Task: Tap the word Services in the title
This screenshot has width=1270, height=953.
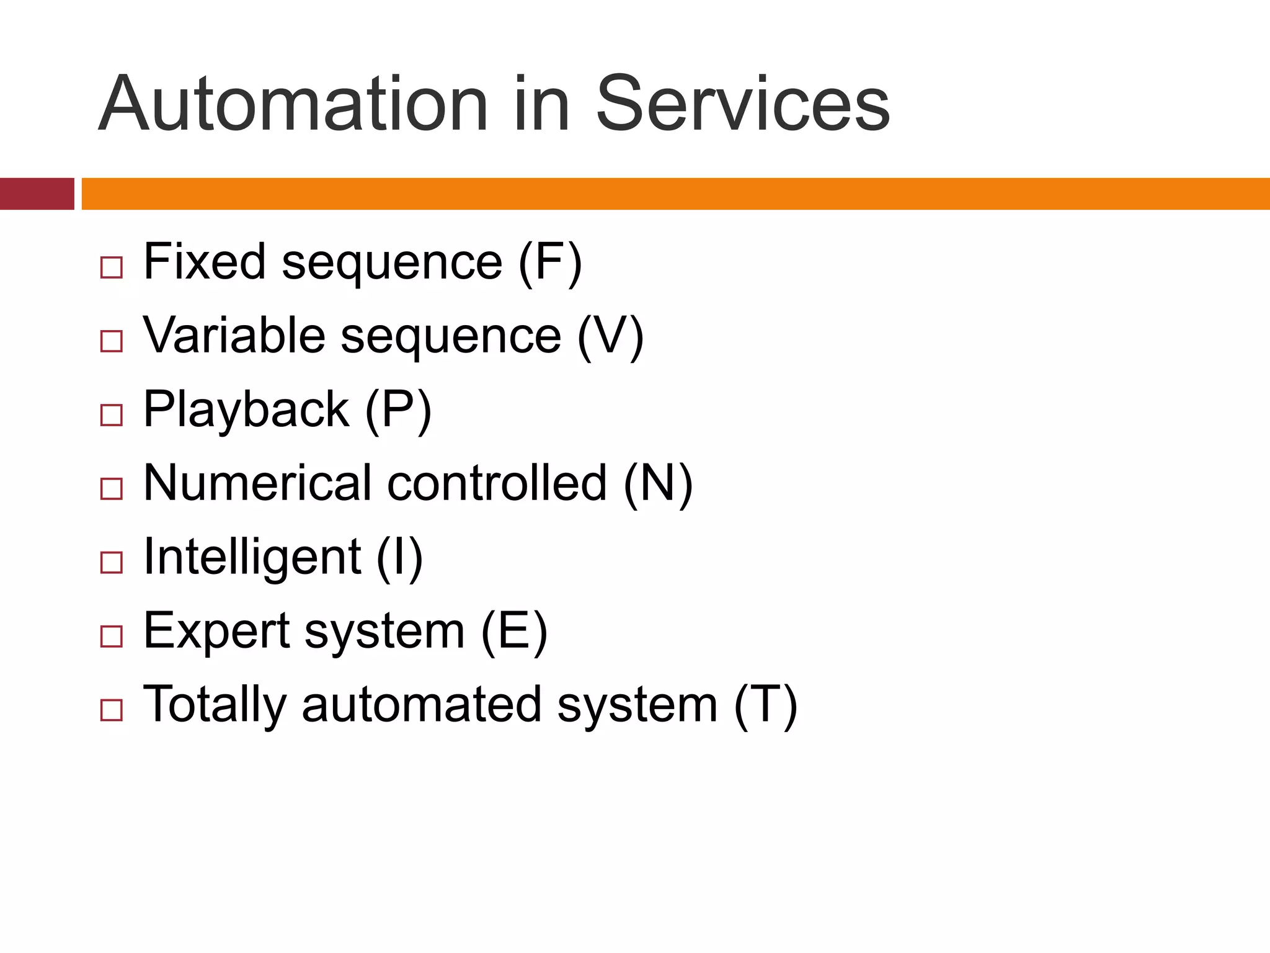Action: click(x=742, y=104)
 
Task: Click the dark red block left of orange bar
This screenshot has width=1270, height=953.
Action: click(x=37, y=194)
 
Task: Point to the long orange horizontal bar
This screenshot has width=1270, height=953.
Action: click(x=675, y=194)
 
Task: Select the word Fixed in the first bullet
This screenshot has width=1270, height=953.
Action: click(x=204, y=261)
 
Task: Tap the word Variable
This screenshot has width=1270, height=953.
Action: click(x=234, y=335)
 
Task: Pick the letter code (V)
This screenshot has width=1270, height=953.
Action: click(x=610, y=336)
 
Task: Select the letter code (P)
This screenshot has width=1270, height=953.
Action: click(x=397, y=411)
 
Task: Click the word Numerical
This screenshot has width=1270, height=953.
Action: click(x=257, y=483)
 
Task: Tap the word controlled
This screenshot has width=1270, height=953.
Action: click(x=497, y=483)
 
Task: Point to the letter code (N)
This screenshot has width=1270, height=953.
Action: click(x=657, y=484)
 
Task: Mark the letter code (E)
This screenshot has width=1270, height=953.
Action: click(x=514, y=632)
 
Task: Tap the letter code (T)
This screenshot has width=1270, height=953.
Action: click(x=765, y=705)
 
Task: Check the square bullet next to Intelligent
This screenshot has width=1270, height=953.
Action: click(x=112, y=563)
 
